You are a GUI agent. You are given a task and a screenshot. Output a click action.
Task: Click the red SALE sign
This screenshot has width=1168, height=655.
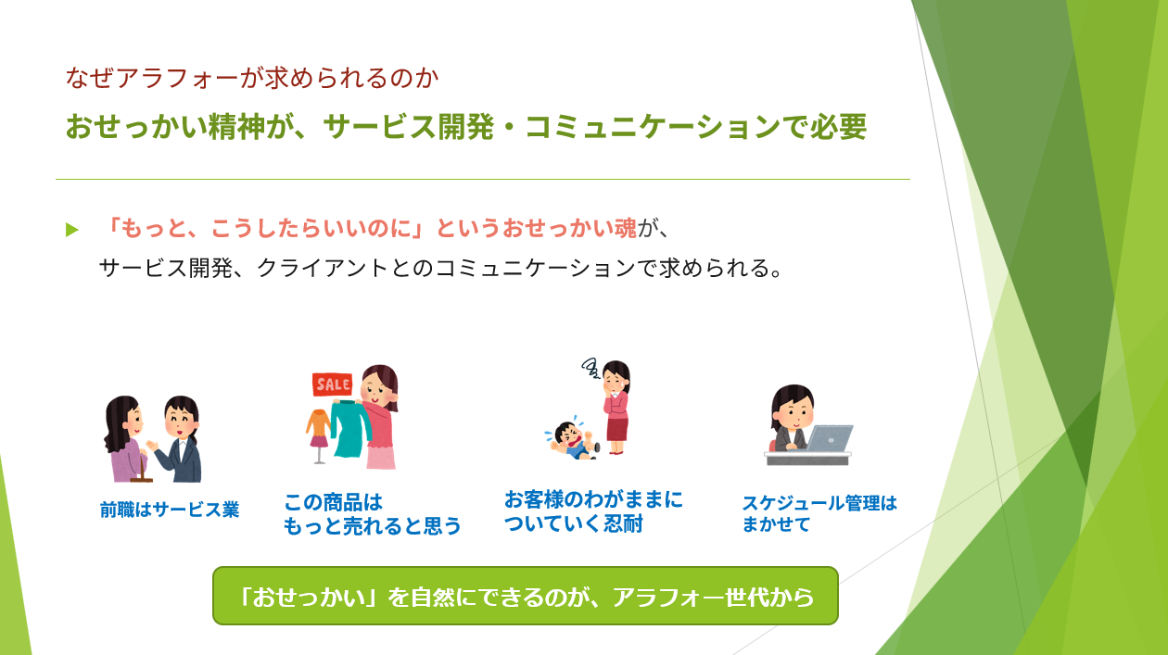(x=332, y=384)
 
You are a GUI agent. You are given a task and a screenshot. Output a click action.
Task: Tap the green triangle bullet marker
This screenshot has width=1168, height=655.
(x=72, y=229)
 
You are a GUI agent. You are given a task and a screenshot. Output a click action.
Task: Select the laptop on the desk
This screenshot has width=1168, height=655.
(x=829, y=438)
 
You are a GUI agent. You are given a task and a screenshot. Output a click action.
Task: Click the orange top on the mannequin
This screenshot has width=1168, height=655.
(x=318, y=423)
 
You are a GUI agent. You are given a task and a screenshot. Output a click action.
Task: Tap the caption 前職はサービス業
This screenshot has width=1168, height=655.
(x=170, y=510)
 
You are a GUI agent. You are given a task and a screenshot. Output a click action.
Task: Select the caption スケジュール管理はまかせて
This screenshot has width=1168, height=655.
(x=819, y=513)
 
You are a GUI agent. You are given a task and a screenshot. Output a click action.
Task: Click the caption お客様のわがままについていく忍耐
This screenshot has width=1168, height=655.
(x=593, y=511)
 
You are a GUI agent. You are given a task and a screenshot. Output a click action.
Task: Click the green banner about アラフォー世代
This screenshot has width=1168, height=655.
(x=525, y=596)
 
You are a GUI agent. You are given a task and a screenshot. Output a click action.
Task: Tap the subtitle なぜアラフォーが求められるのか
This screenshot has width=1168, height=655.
(x=252, y=78)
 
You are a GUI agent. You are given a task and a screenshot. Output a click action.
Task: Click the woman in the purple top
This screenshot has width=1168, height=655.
(x=123, y=439)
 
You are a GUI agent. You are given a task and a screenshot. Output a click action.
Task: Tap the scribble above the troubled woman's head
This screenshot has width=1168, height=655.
(x=590, y=368)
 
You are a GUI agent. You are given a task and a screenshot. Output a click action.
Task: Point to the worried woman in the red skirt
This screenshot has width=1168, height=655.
(x=616, y=407)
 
